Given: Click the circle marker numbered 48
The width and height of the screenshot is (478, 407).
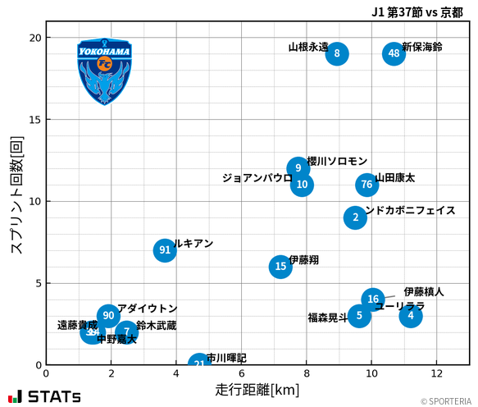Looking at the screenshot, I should [394, 53].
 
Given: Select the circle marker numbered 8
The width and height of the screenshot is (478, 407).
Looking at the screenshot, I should [336, 53].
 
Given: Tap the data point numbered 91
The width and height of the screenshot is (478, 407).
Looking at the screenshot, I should [165, 250].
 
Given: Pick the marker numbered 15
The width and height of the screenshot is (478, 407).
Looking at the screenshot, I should [280, 266].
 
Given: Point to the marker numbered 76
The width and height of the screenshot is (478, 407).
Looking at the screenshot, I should [366, 185].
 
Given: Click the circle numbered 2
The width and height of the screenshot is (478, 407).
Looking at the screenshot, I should [355, 217].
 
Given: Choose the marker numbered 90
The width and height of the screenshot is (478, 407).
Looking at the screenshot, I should [108, 316].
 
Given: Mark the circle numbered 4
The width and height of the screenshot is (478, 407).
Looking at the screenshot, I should [411, 316].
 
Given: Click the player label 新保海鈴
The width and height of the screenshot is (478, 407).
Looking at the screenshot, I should [422, 48].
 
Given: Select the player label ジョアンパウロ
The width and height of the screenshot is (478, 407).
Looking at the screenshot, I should [257, 178].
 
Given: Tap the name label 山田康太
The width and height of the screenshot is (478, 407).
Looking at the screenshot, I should [395, 178].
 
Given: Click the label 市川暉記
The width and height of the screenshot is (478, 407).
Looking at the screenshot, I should [226, 358].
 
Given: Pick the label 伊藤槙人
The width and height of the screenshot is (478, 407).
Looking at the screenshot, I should [424, 291].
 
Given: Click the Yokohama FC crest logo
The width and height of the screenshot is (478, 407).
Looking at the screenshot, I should [105, 71].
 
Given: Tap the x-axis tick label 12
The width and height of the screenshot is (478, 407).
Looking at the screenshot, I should [436, 374].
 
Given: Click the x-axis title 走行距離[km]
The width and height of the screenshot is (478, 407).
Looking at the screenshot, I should [257, 389].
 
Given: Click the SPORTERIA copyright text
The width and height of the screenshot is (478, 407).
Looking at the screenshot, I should [447, 401].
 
